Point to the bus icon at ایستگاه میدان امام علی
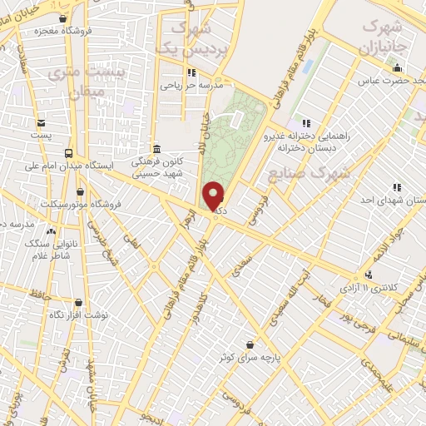pyautogui.click(x=68, y=153)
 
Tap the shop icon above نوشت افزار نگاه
pyautogui.click(x=79, y=303)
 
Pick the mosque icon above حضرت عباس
pyautogui.click(x=397, y=68)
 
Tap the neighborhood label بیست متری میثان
pyautogui.click(x=76, y=81)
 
